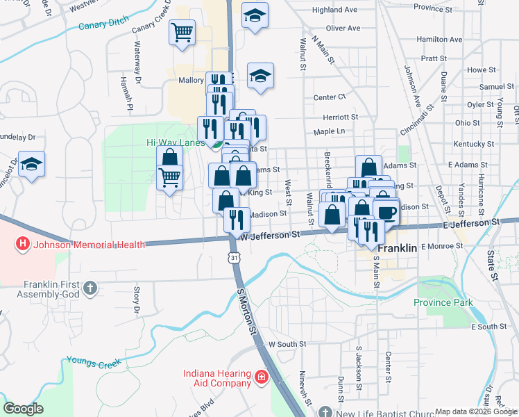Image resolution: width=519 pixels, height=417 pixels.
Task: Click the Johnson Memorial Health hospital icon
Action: [23, 244]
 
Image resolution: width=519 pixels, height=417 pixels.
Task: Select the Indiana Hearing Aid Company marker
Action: [261, 377]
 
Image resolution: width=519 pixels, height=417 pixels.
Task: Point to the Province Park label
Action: [443, 302]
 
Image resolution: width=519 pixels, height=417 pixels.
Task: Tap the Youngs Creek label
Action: [94, 361]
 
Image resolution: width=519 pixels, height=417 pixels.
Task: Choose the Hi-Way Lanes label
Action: [173, 142]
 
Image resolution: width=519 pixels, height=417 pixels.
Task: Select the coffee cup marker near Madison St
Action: [386, 211]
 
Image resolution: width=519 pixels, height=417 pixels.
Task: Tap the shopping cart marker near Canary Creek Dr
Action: [182, 32]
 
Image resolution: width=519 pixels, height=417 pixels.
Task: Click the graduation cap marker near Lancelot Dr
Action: [31, 164]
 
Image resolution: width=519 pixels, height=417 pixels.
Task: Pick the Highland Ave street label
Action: [334, 10]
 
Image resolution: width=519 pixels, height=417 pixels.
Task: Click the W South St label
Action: [287, 344]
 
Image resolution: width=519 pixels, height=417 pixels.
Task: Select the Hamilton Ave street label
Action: [440, 40]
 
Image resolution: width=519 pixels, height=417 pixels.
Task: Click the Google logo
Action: [24, 409]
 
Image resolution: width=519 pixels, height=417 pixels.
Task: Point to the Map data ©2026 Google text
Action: [476, 411]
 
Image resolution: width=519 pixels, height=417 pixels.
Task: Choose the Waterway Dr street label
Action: [138, 58]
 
